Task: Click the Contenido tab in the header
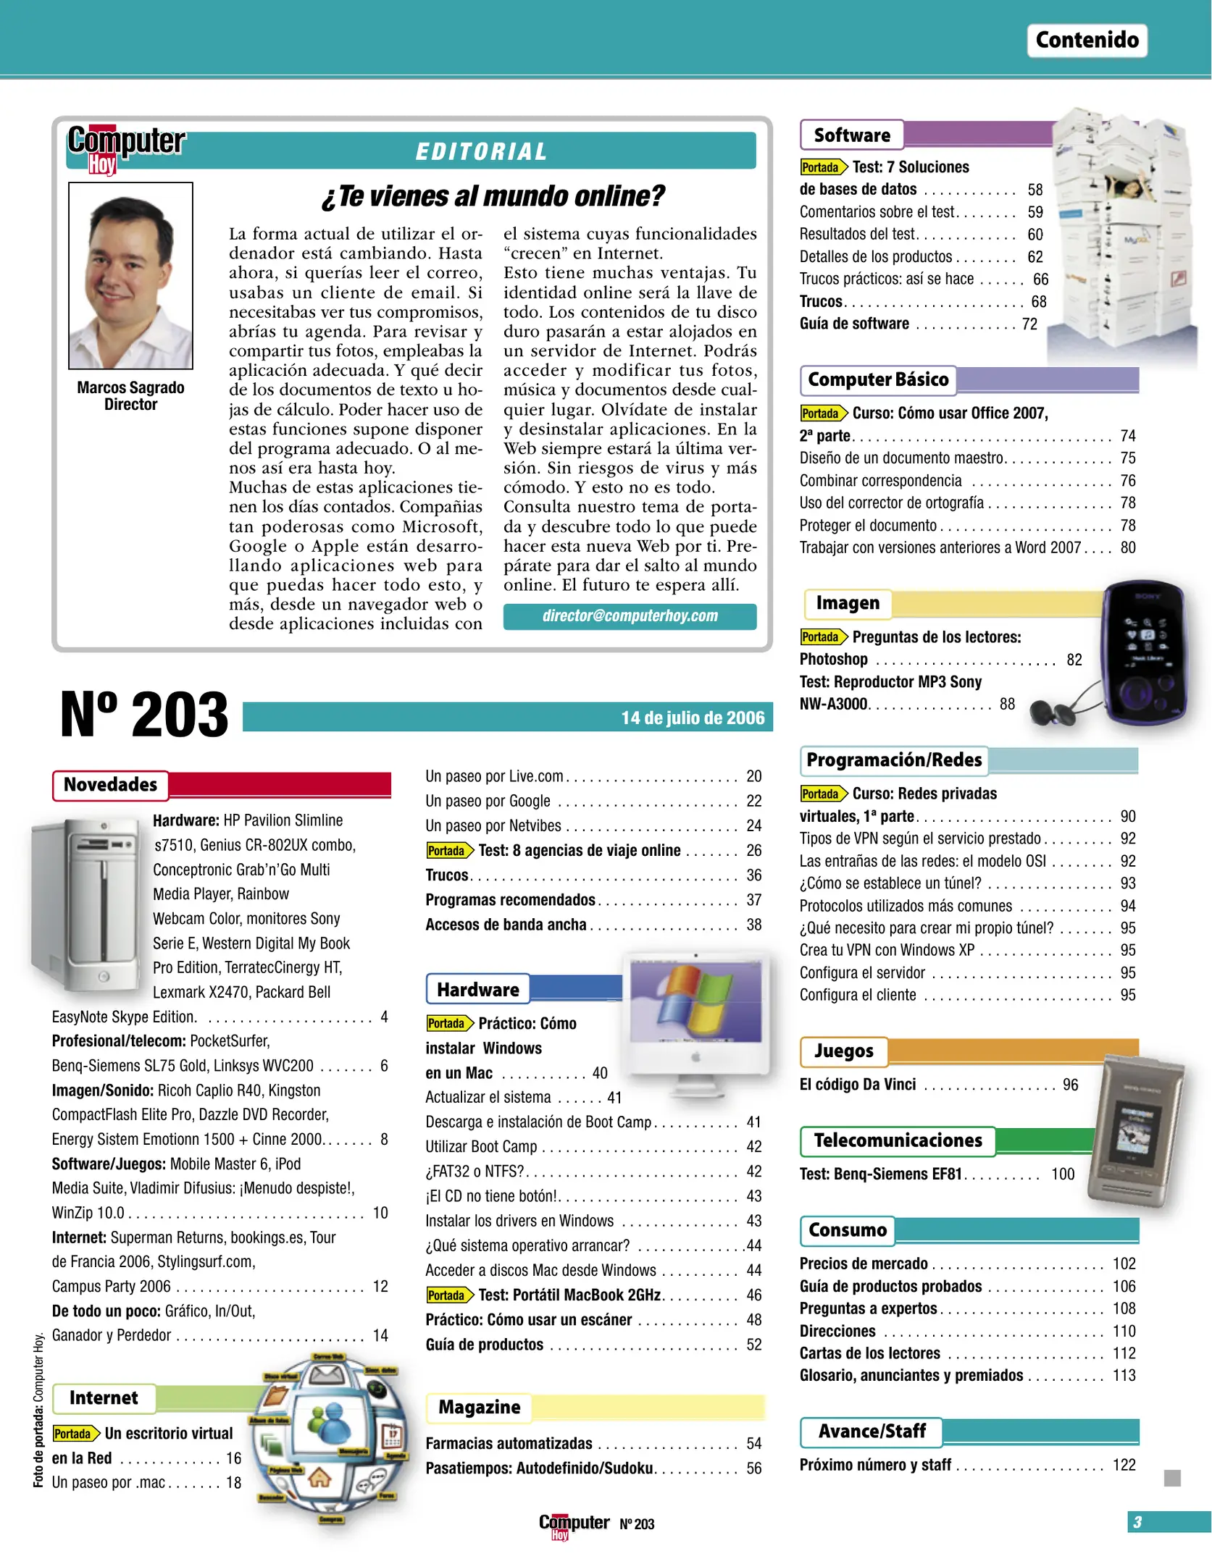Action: (x=1086, y=40)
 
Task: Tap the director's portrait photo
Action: (x=130, y=275)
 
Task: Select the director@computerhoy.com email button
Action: (x=630, y=616)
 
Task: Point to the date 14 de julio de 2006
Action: (x=692, y=718)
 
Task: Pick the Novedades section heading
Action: (x=110, y=785)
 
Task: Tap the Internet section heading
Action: (x=104, y=1398)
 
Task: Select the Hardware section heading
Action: (x=478, y=990)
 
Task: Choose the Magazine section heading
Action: (x=479, y=1408)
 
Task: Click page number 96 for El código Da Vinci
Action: (x=1070, y=1085)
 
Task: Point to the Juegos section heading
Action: (x=843, y=1051)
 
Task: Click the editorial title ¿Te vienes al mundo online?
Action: (x=493, y=196)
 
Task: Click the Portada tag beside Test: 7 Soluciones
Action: (x=822, y=167)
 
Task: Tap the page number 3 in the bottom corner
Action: (x=1137, y=1522)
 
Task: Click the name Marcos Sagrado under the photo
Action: (x=130, y=388)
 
